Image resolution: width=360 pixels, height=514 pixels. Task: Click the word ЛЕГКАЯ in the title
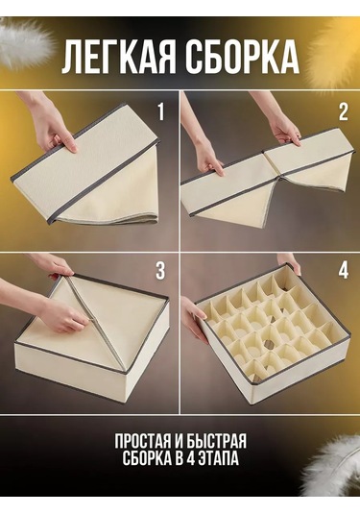coord(120,58)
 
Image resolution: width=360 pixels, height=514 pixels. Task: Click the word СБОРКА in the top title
coord(243,58)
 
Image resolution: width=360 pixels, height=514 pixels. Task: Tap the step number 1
coord(160,112)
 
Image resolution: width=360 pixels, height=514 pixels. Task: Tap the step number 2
coord(343,112)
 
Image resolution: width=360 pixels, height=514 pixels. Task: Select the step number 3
coord(160,270)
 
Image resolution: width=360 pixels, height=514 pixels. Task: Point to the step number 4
coord(343,270)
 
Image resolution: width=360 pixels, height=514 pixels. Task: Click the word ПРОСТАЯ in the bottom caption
coord(141,442)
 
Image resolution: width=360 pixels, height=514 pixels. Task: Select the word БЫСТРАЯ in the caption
coord(217,442)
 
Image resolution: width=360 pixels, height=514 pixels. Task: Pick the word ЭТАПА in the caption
coord(217,459)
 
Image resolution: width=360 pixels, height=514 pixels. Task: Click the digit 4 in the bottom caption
coord(189,459)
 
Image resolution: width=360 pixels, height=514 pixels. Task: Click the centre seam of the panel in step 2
coord(271,164)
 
